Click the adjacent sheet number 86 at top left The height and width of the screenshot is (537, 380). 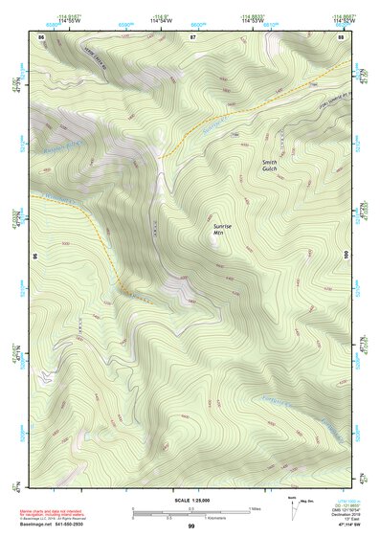click(42, 36)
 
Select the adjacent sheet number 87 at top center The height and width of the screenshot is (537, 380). click(191, 36)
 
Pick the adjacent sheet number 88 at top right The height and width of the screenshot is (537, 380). click(341, 36)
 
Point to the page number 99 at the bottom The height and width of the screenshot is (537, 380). click(191, 527)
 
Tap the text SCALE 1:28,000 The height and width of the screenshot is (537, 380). click(190, 500)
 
